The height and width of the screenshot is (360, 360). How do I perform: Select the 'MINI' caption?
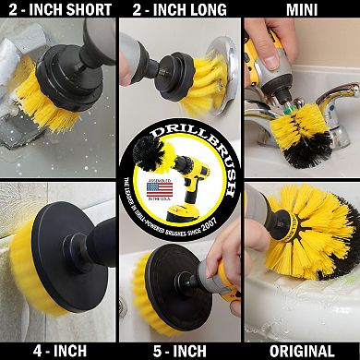[x=301, y=11]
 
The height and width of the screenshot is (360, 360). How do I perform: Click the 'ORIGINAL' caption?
[x=301, y=351]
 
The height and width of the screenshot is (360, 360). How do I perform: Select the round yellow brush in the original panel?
[x=323, y=222]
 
